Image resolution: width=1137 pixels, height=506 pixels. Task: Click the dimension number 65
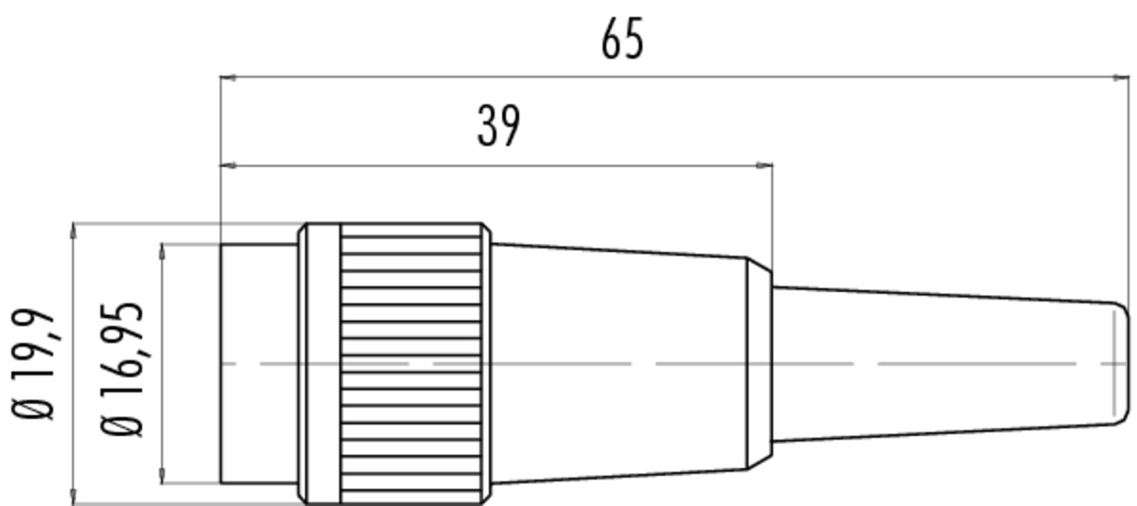click(623, 39)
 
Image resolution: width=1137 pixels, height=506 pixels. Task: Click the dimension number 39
click(499, 126)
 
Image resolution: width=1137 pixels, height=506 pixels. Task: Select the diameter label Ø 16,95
click(122, 370)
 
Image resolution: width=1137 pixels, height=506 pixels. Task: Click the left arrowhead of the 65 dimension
click(227, 78)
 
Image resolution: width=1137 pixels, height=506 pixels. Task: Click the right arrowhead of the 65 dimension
click(1121, 78)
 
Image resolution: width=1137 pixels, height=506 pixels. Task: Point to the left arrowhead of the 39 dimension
click(227, 165)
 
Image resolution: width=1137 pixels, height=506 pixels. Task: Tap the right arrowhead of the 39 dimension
click(765, 165)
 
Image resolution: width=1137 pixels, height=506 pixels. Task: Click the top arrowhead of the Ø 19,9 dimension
click(74, 231)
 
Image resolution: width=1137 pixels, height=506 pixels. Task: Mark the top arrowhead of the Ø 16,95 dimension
click(162, 252)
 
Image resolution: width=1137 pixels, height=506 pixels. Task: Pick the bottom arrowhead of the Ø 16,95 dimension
click(162, 476)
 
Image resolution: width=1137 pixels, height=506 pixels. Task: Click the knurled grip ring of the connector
click(411, 363)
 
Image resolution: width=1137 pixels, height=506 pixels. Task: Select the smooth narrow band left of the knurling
click(324, 363)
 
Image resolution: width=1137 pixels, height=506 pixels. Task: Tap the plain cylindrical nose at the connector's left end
click(259, 363)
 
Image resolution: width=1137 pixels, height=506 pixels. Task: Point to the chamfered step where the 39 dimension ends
click(760, 363)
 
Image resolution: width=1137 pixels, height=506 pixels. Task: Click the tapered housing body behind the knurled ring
click(620, 363)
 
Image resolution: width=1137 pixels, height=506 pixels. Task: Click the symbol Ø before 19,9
click(33, 409)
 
